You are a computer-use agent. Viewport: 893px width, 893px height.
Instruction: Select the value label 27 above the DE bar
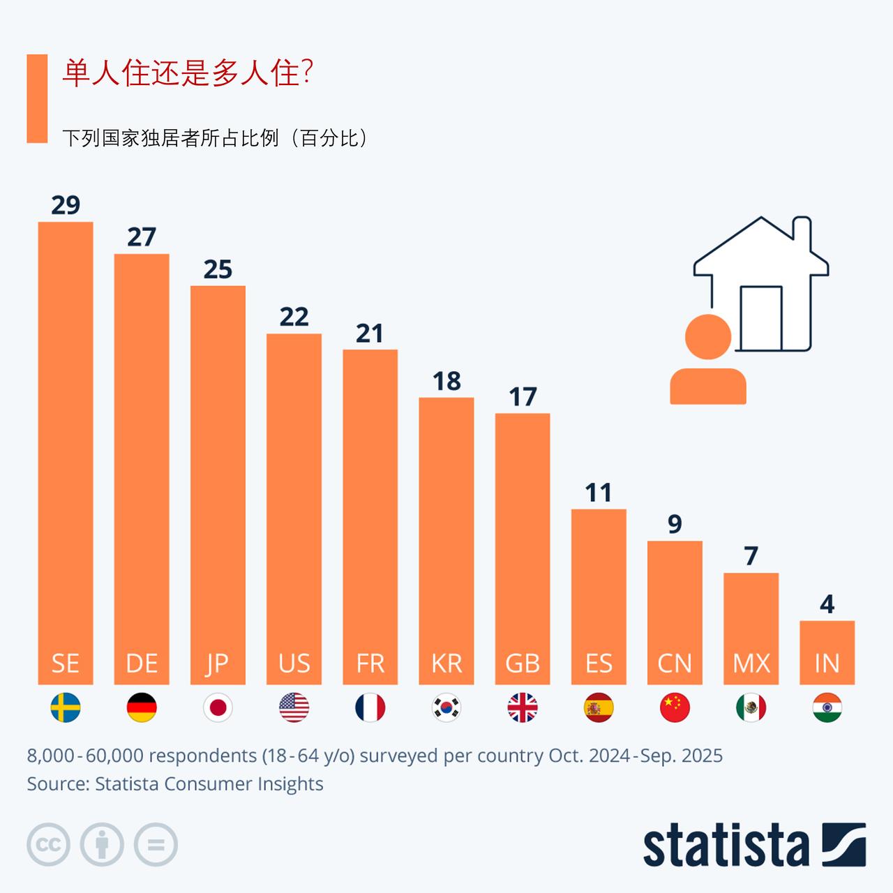(142, 237)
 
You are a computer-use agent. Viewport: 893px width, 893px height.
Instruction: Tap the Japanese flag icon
(218, 708)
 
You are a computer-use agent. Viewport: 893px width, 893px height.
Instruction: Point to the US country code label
(294, 663)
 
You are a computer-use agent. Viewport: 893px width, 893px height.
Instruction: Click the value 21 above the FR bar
(370, 333)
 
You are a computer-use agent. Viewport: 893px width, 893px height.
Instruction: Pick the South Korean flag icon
(446, 708)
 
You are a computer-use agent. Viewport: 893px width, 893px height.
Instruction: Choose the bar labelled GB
(523, 544)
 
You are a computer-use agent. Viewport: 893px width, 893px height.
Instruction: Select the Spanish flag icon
(599, 708)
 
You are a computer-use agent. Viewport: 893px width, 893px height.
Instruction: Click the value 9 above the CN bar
(675, 524)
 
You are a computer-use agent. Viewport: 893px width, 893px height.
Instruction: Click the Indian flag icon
(827, 708)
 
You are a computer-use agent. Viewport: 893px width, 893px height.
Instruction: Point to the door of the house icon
(761, 317)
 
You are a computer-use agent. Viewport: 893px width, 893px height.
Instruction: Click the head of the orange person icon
(708, 337)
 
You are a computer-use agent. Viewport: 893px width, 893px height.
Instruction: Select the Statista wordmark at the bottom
(726, 846)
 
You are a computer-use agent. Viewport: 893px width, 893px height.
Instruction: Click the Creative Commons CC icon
(48, 845)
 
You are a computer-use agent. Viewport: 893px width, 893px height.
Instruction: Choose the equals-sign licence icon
(156, 845)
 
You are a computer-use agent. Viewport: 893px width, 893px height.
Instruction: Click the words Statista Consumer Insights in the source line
(209, 783)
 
